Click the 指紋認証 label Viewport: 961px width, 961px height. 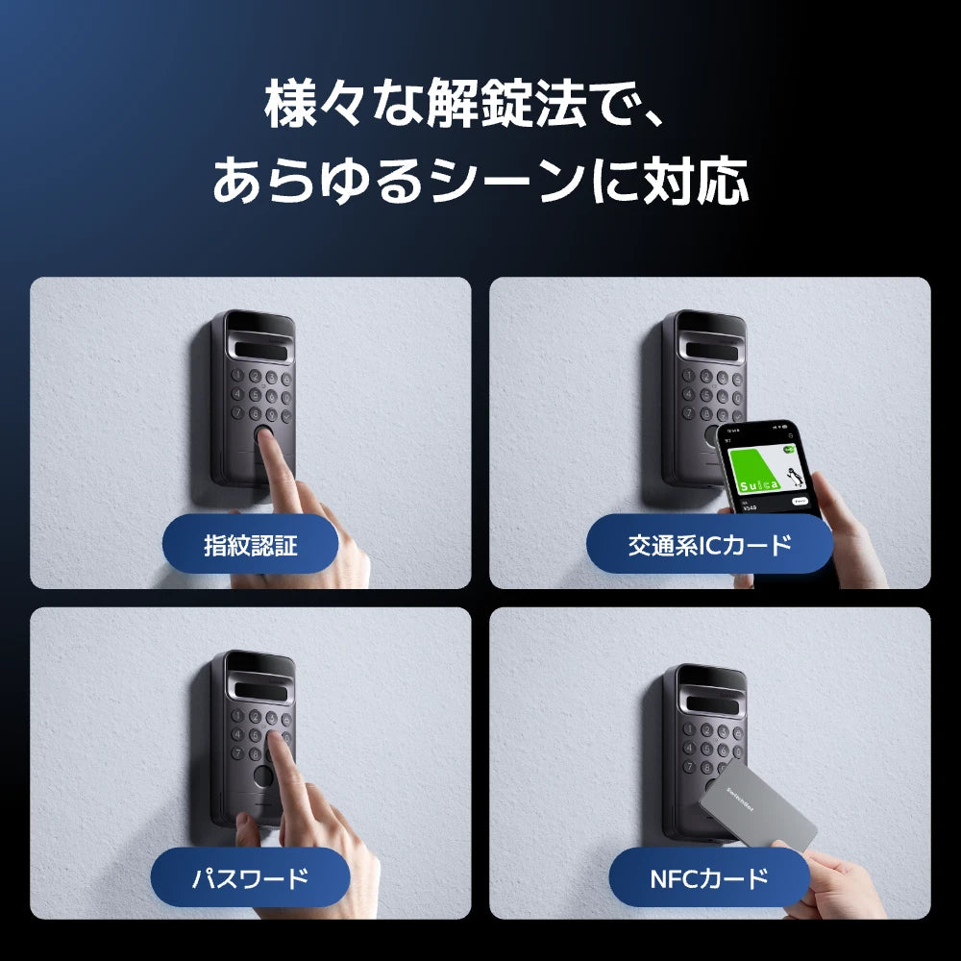pyautogui.click(x=251, y=546)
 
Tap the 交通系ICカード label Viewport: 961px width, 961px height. pyautogui.click(x=709, y=546)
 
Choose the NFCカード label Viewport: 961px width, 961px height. pyautogui.click(x=709, y=877)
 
